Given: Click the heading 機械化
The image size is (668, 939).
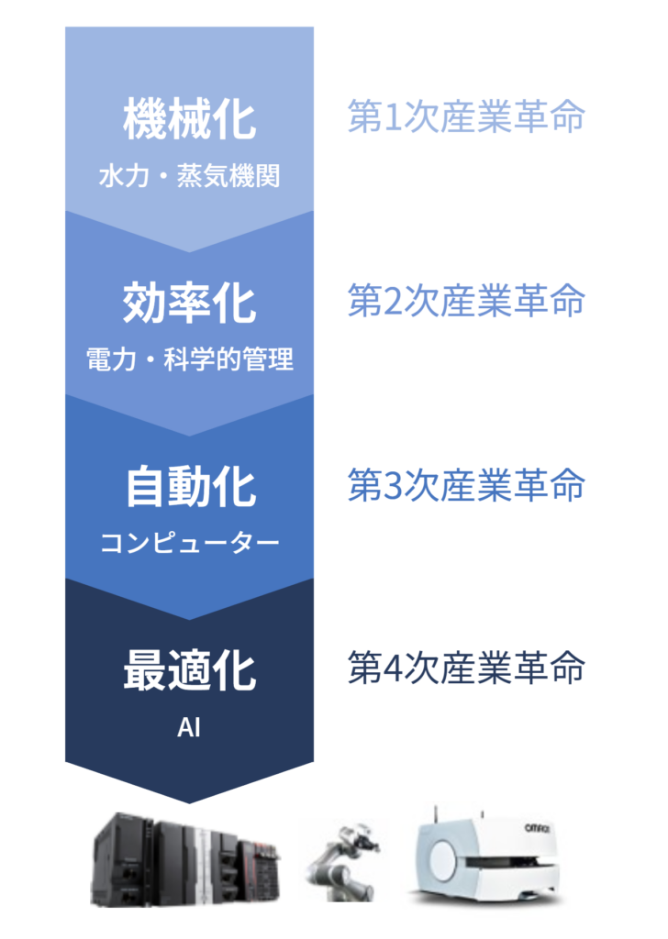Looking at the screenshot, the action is click(189, 119).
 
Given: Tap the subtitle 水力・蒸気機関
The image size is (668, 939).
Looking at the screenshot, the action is click(189, 176).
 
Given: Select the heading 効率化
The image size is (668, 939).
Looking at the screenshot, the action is click(189, 303).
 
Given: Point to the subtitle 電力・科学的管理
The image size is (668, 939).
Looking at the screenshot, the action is click(189, 359).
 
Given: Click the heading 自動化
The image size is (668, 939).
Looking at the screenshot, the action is click(191, 487).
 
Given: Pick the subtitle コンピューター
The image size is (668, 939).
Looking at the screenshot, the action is click(189, 543).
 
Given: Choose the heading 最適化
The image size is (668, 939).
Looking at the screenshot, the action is click(189, 670).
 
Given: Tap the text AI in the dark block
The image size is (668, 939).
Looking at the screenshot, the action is click(189, 727).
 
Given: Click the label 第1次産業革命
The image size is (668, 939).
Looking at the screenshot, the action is click(466, 116).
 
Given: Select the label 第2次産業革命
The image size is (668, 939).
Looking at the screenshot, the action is click(466, 300).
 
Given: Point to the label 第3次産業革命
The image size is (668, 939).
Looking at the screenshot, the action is click(466, 484).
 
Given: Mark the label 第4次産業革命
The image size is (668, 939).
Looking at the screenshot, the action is click(466, 668).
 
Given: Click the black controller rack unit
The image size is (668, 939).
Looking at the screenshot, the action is click(185, 859).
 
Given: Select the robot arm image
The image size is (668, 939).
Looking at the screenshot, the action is click(343, 863).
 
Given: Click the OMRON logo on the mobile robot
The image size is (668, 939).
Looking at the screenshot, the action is click(538, 828).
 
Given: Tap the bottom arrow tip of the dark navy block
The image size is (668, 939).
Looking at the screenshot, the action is click(189, 803).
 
